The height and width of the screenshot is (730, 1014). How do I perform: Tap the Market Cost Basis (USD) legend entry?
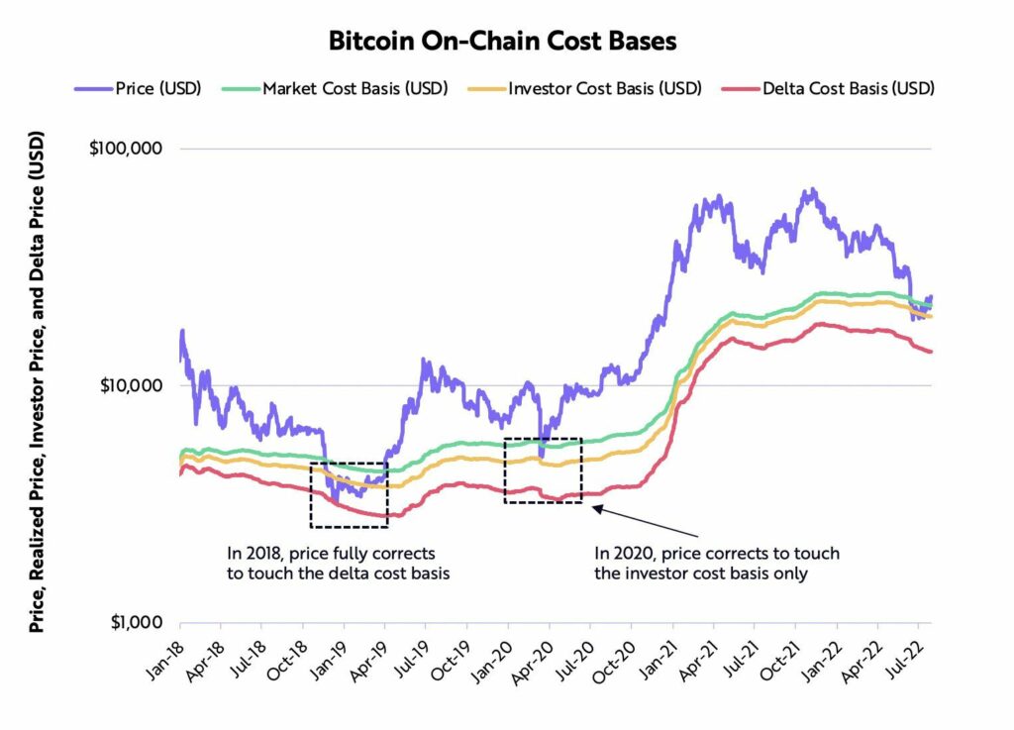tap(355, 88)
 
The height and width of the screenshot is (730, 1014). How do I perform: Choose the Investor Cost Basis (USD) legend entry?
tap(603, 88)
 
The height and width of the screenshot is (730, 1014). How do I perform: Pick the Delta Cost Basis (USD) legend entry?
tap(848, 88)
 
